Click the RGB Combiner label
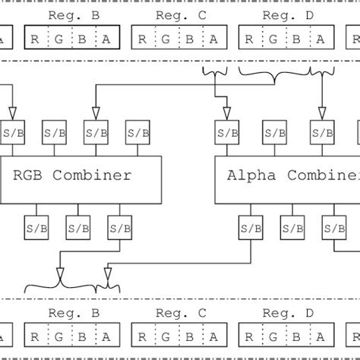pos(72,175)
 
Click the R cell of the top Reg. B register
pos(36,38)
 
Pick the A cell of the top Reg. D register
pos(321,38)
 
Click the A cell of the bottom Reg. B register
pos(107,336)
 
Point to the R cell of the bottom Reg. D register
pos(251,336)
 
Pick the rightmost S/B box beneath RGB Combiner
pos(118,227)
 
